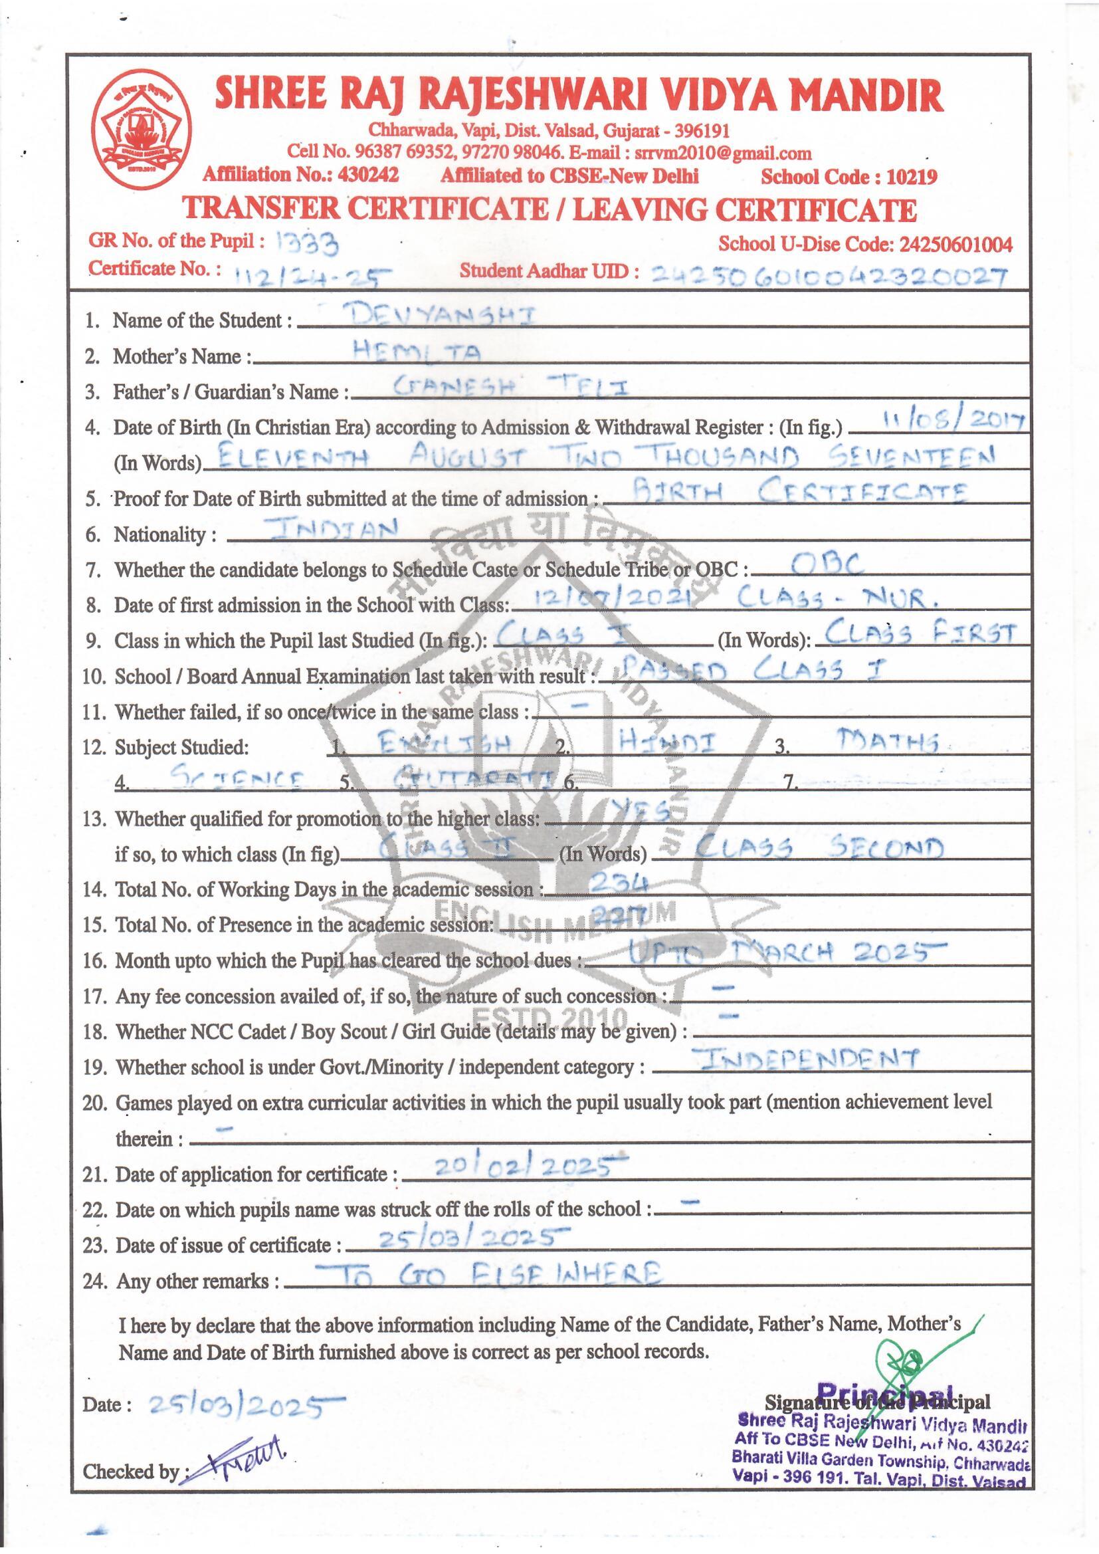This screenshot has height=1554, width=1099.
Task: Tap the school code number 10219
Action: (912, 177)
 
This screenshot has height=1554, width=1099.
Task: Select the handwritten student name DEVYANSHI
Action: (436, 316)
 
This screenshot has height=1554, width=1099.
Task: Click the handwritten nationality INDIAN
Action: (330, 529)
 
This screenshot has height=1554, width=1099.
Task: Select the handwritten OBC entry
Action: (818, 564)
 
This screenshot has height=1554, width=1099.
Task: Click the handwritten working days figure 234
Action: (619, 881)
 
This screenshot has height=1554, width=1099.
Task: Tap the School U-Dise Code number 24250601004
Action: (955, 245)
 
